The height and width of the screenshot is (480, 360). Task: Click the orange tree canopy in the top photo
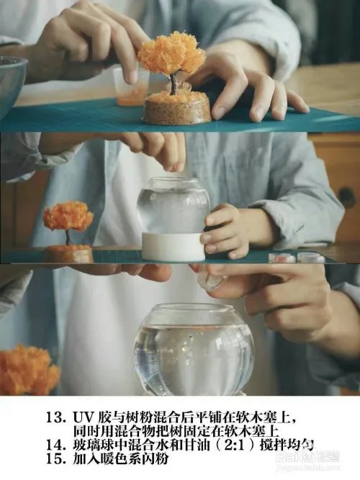coord(172,53)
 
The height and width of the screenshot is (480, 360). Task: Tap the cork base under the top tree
coord(176,109)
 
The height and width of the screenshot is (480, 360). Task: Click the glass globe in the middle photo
coord(173,205)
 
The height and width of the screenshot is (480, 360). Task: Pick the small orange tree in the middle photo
coord(68,218)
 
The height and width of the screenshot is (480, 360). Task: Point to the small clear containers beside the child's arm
coord(296,257)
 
